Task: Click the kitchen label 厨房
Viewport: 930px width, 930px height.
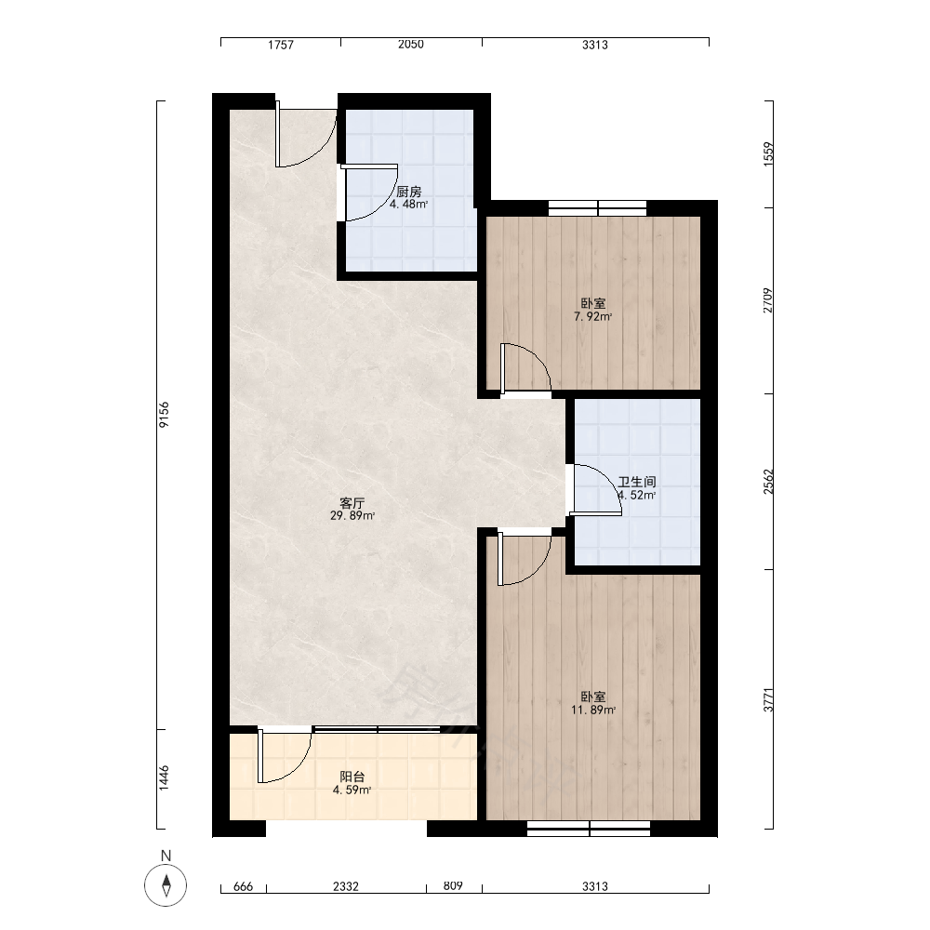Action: click(408, 192)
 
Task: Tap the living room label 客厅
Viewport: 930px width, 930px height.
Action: click(352, 503)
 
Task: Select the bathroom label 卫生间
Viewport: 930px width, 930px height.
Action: click(637, 482)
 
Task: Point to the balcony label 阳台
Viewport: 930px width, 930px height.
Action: click(352, 777)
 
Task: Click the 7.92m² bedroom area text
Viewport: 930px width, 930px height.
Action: click(593, 317)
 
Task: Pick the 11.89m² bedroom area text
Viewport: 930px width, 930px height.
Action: click(593, 710)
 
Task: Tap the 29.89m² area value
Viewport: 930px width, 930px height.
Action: click(352, 516)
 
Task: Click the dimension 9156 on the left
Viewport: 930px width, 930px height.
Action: click(165, 414)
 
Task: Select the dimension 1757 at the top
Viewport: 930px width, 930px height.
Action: click(281, 45)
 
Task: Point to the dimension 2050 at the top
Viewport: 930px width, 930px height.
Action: click(411, 45)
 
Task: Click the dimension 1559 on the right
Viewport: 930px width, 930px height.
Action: click(769, 153)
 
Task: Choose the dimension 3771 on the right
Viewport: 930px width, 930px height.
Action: click(769, 700)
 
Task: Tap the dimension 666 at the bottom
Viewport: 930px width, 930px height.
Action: click(243, 886)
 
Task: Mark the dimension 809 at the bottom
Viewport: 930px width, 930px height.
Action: click(453, 886)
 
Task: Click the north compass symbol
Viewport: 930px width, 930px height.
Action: click(166, 885)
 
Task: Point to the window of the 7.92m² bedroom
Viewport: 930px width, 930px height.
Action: click(597, 208)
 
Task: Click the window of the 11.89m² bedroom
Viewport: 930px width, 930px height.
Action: click(589, 829)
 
